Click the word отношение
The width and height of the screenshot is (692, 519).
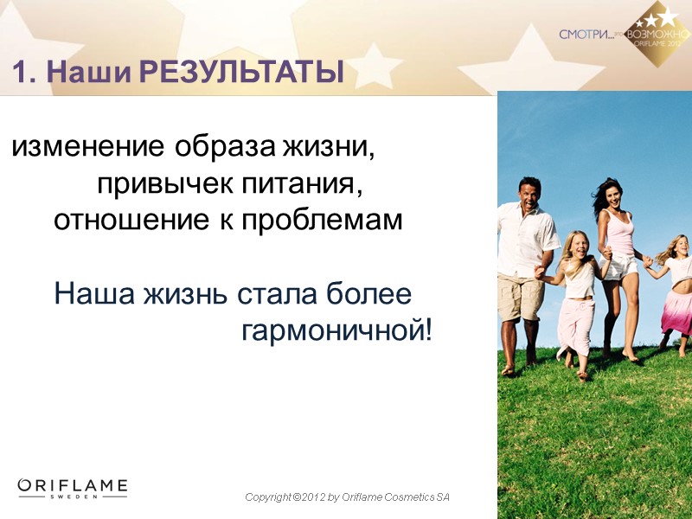coord(127,221)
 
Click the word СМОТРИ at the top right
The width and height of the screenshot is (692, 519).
coord(586,35)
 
